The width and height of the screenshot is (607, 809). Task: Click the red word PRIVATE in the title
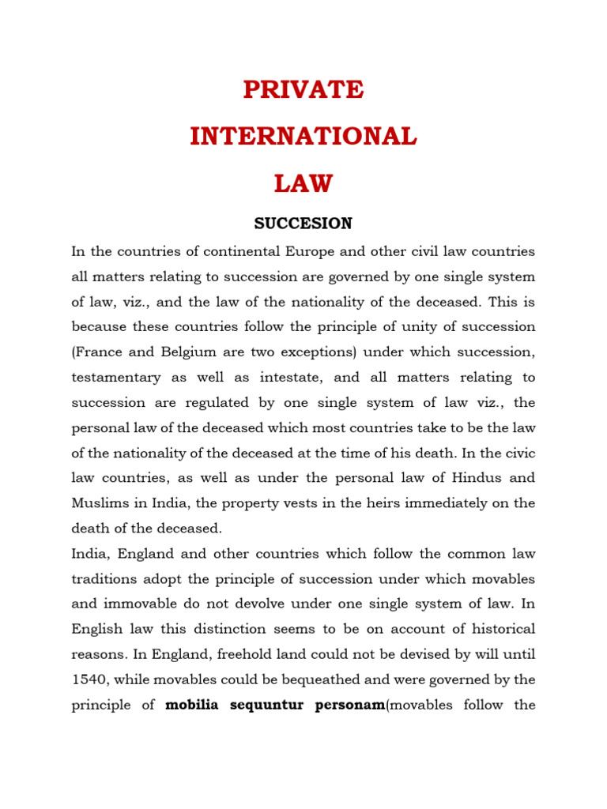[303, 90]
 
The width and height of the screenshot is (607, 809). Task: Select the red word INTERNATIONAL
[303, 137]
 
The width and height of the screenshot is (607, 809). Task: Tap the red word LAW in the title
[303, 184]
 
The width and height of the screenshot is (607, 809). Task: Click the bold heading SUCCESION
[303, 224]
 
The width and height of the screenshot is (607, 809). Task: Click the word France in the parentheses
[98, 352]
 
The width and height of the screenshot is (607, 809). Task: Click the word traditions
[112, 578]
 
